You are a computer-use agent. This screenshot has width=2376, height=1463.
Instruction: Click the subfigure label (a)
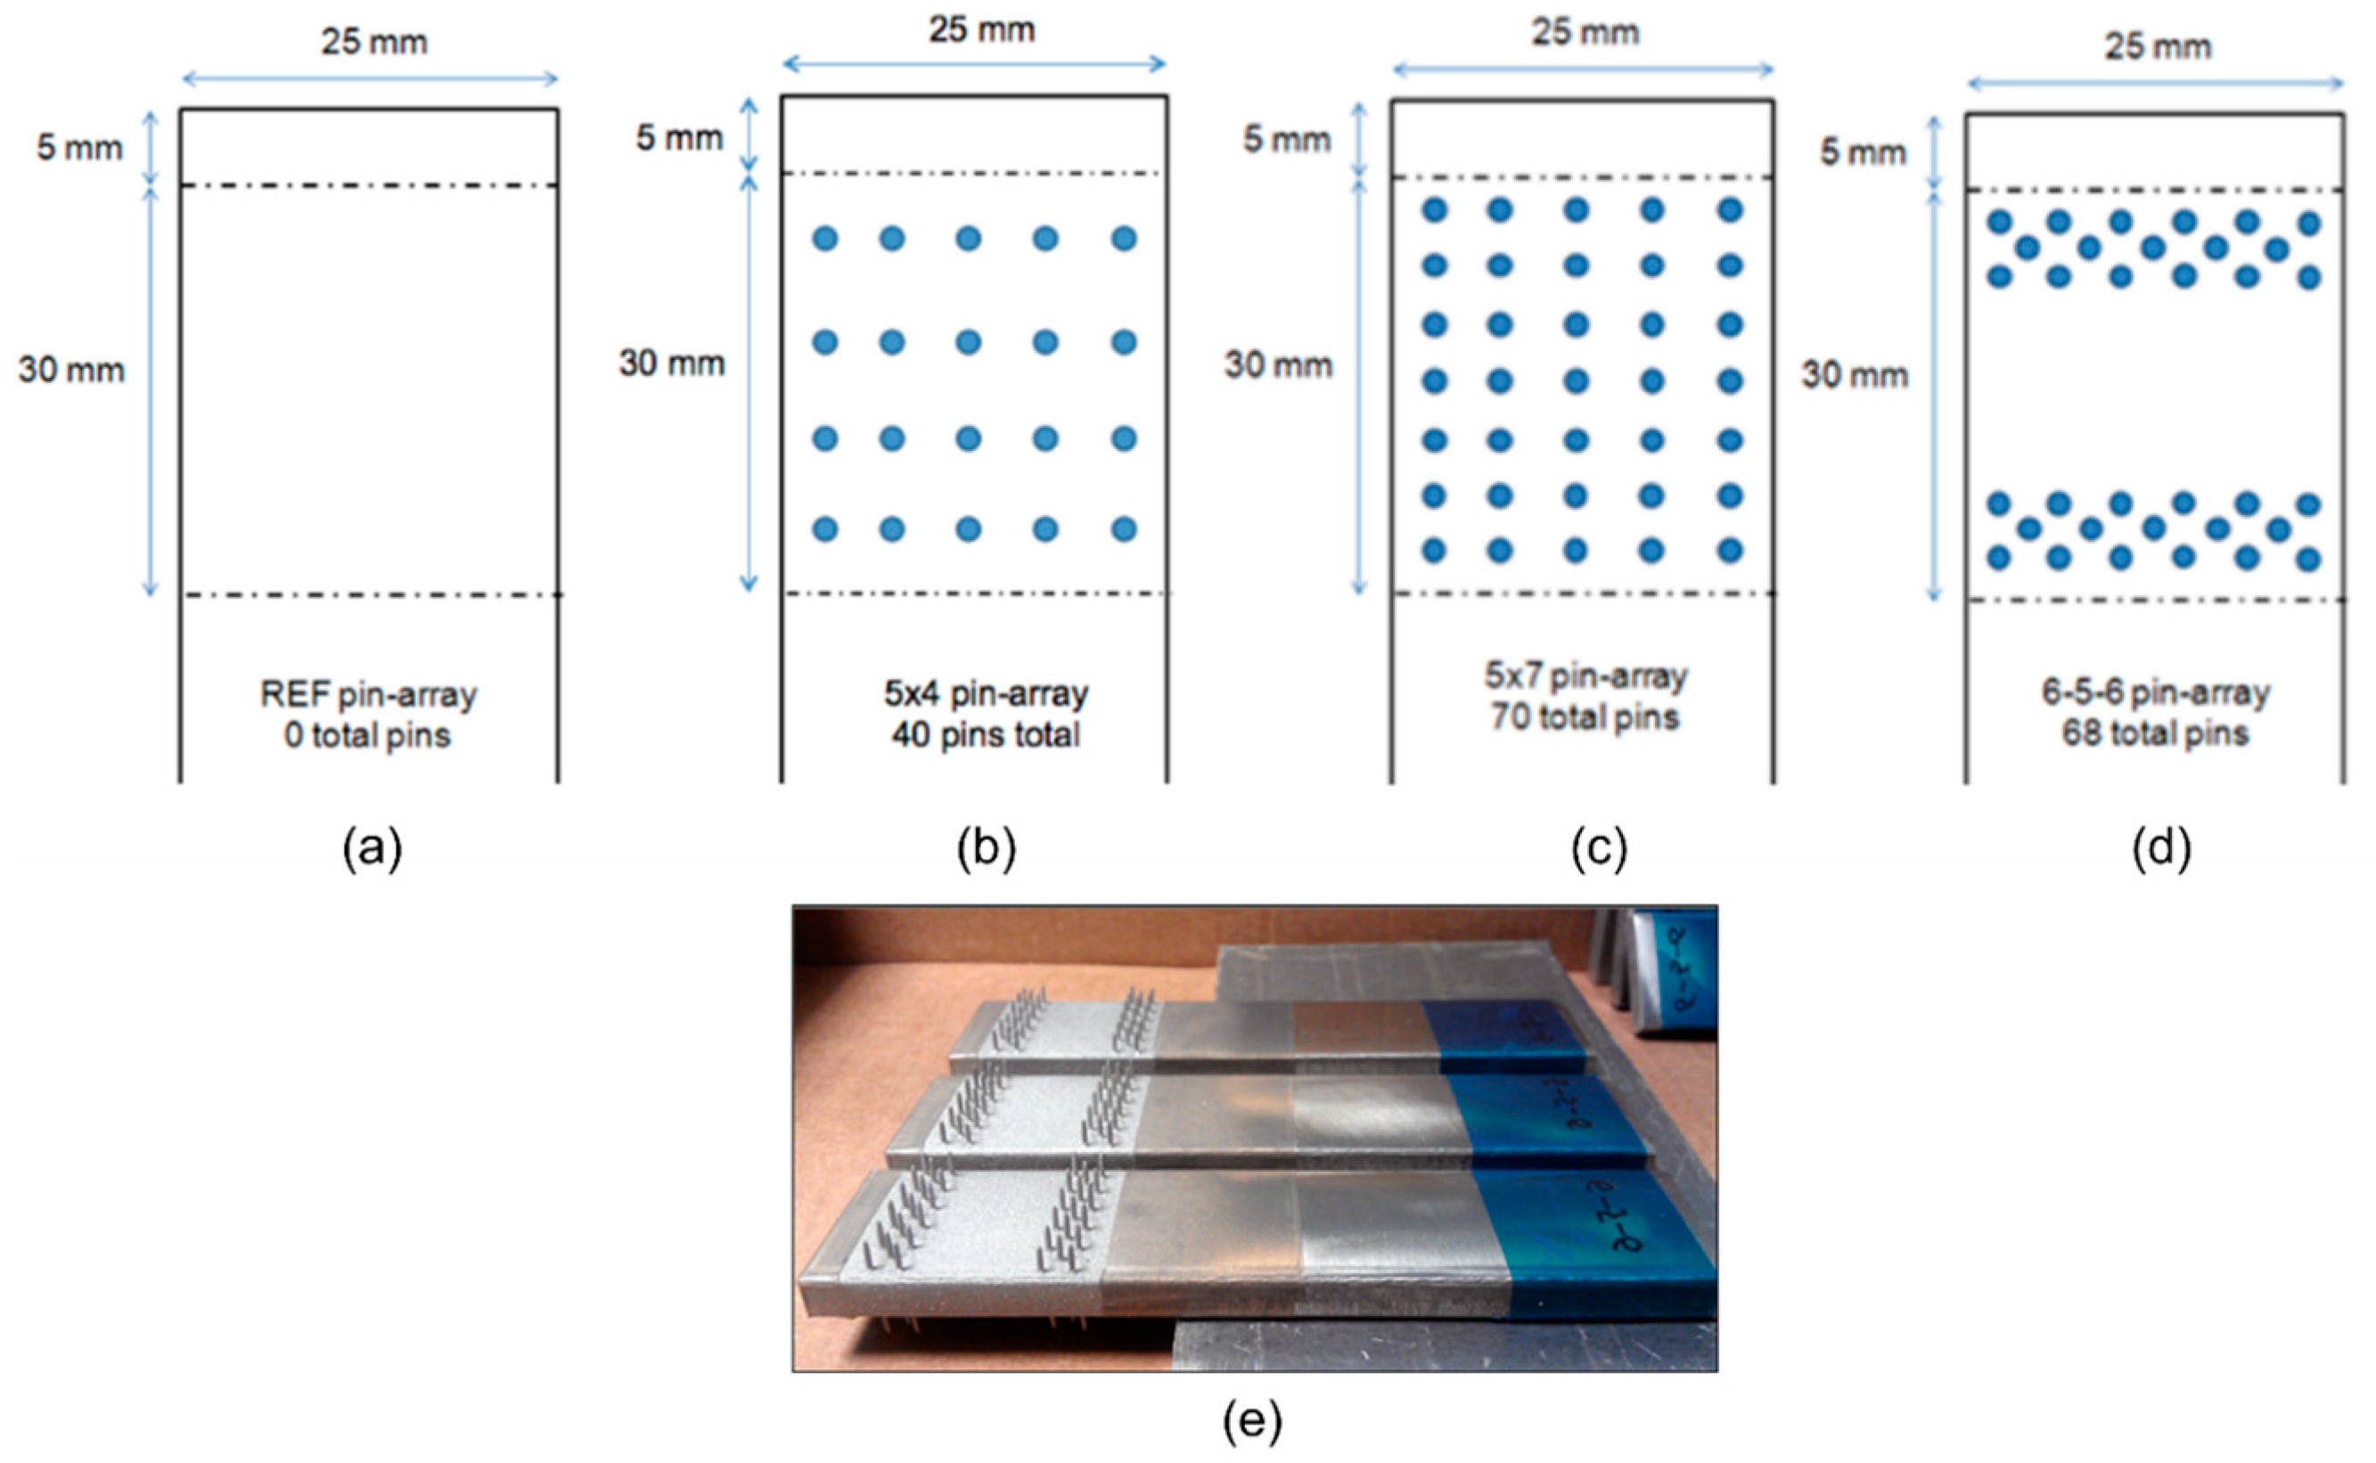point(373,849)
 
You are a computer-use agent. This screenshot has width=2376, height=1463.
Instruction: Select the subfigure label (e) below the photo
point(1252,1420)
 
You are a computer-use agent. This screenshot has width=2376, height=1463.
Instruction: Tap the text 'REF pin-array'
point(369,695)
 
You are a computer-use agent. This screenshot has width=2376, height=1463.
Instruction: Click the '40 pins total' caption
point(985,735)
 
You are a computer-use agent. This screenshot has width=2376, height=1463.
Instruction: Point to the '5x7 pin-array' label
point(1585,676)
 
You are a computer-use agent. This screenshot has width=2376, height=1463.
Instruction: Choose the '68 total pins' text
point(2154,733)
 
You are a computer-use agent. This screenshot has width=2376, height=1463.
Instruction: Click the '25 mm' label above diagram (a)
point(373,43)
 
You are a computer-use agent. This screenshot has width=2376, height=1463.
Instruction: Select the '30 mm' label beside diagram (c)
point(1277,364)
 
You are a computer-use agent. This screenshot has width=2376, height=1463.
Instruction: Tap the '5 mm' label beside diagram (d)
point(1863,151)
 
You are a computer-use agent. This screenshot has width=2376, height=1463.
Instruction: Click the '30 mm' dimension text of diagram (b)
point(672,364)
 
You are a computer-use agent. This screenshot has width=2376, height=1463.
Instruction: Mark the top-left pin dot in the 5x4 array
point(824,238)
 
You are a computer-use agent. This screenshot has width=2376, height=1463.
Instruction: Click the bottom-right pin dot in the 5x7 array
point(1730,551)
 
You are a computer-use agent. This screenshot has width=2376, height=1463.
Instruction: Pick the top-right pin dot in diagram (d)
point(2309,225)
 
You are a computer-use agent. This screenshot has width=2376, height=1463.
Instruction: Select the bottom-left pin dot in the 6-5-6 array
point(1998,558)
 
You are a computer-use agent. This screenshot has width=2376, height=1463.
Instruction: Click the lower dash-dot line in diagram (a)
point(373,595)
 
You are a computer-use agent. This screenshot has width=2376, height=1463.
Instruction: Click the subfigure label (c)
point(1599,849)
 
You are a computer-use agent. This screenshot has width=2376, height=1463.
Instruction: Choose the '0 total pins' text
point(368,736)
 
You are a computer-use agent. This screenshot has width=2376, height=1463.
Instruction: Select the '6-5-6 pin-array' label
point(2155,693)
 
